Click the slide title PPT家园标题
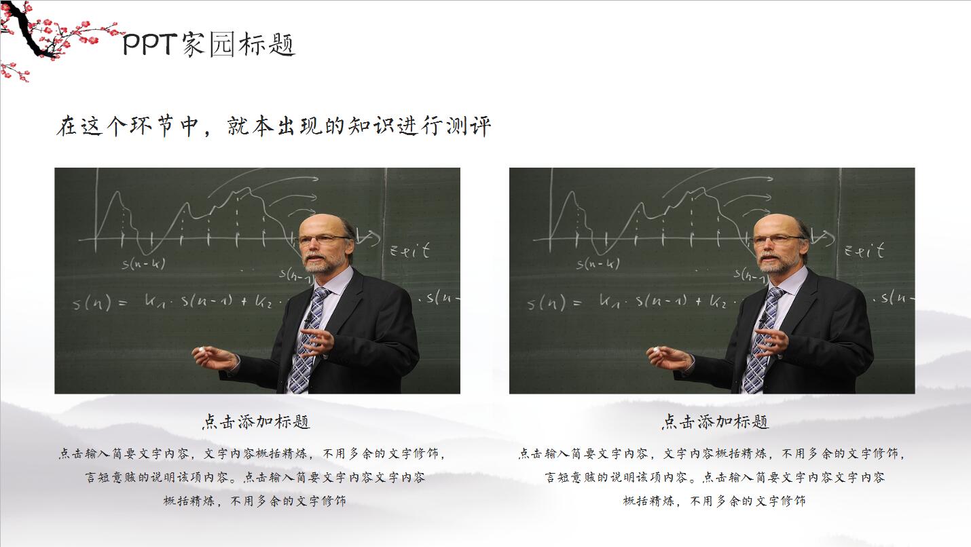(209, 45)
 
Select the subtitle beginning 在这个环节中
(273, 127)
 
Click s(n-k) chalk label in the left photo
(143, 263)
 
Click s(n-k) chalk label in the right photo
(598, 263)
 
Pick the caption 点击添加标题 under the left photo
(257, 422)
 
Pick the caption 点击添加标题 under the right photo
(716, 422)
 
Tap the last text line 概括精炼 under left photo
(255, 502)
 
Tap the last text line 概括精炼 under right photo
(714, 502)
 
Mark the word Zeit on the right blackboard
(864, 250)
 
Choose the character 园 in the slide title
(221, 45)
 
